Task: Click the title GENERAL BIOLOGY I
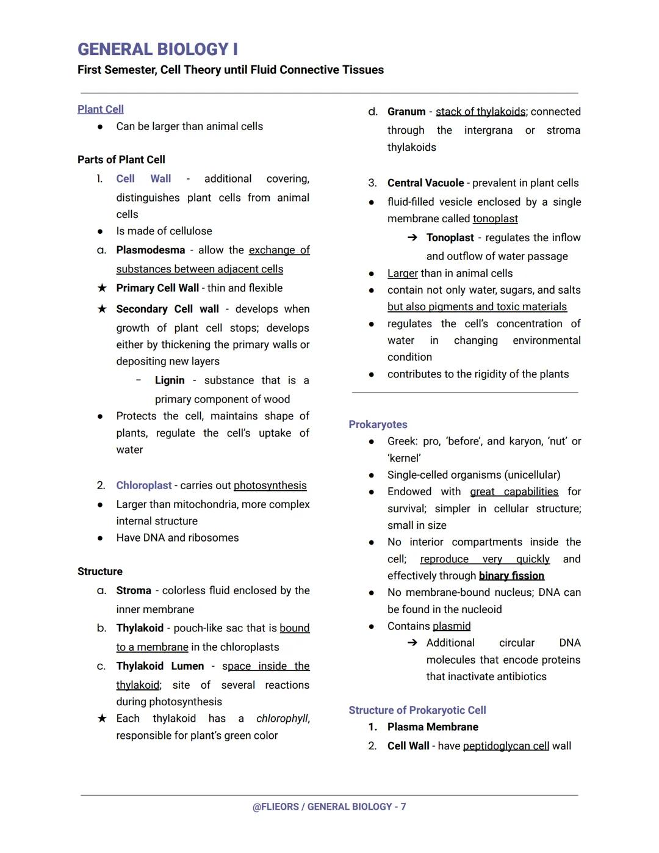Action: coord(157,49)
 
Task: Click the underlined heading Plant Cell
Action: coord(101,109)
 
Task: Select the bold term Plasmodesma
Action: coord(150,250)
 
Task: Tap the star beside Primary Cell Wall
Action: coord(102,288)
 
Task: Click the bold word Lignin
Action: coord(170,380)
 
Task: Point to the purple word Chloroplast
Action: coord(144,485)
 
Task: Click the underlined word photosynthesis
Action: coord(270,485)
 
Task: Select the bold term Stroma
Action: coord(134,590)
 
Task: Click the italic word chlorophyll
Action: coord(282,719)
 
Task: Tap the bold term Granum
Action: coord(406,112)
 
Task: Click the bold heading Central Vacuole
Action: coord(425,183)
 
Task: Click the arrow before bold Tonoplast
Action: coord(412,238)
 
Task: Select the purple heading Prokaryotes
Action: coord(378,424)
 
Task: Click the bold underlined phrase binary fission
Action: coord(511,576)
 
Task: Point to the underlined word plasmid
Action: coord(452,626)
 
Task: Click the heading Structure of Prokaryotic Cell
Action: coord(417,710)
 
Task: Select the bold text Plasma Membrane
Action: coord(433,727)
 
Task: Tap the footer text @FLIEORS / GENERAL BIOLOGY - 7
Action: coord(329,807)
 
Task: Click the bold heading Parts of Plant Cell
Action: coord(121,160)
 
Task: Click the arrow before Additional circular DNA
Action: coord(412,643)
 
